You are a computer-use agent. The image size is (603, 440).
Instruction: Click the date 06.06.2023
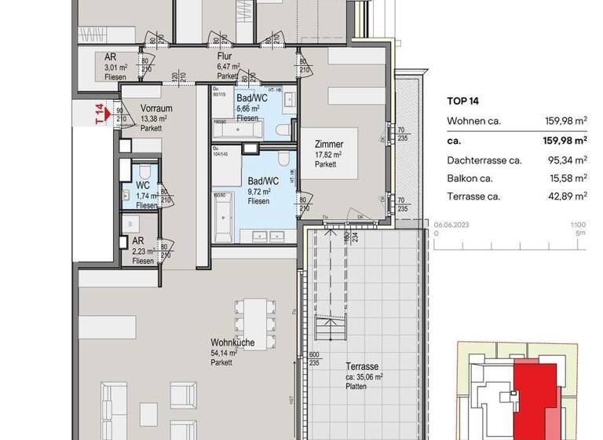pyautogui.click(x=451, y=224)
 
